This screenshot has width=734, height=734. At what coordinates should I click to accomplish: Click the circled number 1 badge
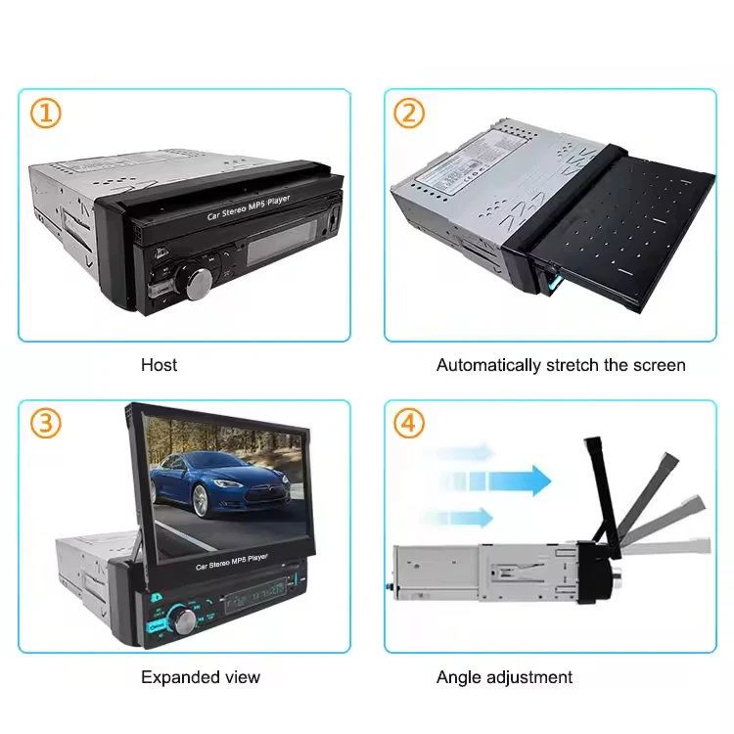click(45, 114)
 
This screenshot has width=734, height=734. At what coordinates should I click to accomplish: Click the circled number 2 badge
click(409, 114)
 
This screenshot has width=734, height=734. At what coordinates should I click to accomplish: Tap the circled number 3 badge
click(45, 424)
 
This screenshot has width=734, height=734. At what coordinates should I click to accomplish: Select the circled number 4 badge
click(409, 424)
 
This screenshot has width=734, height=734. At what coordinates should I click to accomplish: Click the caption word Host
click(159, 365)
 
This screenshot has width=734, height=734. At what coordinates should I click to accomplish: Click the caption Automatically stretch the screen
click(561, 365)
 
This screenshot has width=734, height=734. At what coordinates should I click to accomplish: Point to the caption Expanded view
click(201, 676)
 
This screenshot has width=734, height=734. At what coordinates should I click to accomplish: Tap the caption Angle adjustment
click(504, 676)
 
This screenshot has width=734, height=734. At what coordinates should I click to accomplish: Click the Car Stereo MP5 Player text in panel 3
click(232, 564)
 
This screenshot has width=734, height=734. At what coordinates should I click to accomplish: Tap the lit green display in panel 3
click(250, 593)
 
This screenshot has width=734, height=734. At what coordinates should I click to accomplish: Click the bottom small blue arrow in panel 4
click(460, 517)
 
